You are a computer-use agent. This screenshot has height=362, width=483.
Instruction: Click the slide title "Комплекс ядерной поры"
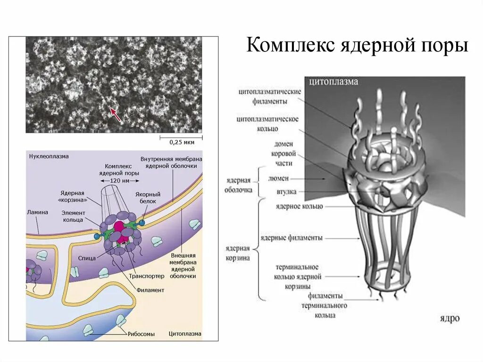click(x=357, y=46)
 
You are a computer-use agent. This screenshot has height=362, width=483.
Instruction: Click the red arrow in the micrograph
click(x=115, y=114)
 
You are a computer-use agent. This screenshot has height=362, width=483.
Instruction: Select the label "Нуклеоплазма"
click(x=49, y=156)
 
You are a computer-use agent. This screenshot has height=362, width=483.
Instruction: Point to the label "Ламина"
click(x=38, y=212)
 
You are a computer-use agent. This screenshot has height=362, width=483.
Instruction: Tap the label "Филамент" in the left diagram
click(x=150, y=290)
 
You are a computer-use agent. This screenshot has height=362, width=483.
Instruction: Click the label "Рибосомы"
click(x=141, y=334)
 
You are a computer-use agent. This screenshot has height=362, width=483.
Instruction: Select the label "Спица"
click(x=88, y=258)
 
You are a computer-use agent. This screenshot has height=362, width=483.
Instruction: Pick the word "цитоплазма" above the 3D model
click(x=333, y=82)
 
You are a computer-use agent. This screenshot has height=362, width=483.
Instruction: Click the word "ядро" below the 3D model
click(x=450, y=319)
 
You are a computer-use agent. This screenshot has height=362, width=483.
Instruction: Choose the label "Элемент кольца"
click(x=73, y=216)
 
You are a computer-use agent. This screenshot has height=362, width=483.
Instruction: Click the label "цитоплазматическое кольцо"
click(x=267, y=124)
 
